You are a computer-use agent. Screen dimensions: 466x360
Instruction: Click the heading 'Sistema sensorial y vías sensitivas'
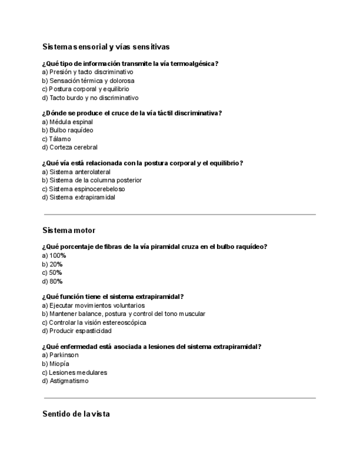[x=106, y=47]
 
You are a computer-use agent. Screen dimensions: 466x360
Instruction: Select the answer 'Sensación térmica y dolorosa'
[x=91, y=80]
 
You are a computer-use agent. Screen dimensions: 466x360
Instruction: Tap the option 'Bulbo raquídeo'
[x=71, y=130]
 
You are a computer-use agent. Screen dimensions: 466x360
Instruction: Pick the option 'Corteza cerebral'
[x=73, y=147]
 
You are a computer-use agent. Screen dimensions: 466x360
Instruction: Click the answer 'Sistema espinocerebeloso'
[x=87, y=189]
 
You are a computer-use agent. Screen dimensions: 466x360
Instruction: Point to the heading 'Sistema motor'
[x=69, y=230]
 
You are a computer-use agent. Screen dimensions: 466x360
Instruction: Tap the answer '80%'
[x=56, y=281]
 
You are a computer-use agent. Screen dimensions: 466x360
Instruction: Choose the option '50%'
[x=56, y=273]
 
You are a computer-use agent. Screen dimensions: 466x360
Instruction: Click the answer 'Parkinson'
[x=63, y=355]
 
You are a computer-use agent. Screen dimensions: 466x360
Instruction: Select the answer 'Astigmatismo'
[x=69, y=381]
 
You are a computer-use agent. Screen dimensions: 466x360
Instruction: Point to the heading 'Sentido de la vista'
[x=76, y=414]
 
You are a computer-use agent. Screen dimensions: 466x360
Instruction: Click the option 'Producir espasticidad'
[x=80, y=331]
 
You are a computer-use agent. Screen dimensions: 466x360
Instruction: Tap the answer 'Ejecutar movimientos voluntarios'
[x=97, y=306]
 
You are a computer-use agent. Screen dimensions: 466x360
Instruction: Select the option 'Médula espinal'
[x=71, y=122]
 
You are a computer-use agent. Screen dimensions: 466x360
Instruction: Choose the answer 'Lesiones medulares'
[x=77, y=373]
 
